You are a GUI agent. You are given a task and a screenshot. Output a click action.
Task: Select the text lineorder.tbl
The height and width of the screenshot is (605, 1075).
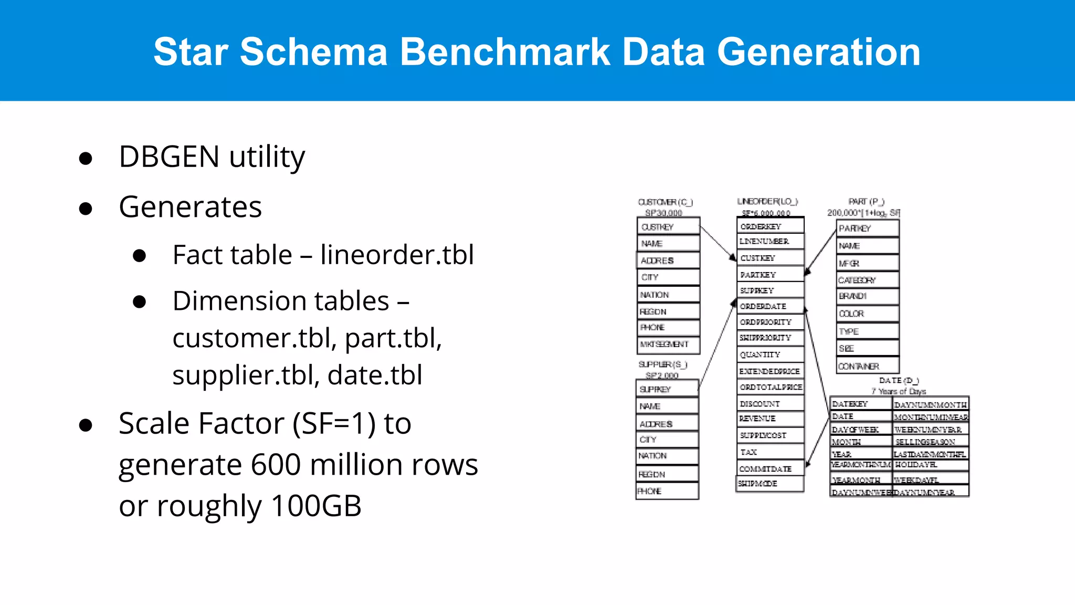(x=397, y=255)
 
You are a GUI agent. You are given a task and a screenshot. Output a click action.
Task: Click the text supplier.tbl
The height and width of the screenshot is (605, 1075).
(x=246, y=375)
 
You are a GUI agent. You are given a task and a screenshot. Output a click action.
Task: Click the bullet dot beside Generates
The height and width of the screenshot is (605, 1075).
(x=86, y=208)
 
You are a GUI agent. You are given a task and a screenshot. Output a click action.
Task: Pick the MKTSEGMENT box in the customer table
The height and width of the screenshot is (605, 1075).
(x=668, y=345)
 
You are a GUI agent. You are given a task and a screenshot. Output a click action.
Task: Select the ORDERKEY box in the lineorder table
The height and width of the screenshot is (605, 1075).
(x=770, y=226)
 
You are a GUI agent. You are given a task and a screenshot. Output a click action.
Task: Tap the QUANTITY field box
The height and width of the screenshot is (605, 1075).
(x=770, y=354)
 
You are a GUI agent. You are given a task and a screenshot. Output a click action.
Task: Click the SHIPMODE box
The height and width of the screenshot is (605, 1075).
(x=770, y=484)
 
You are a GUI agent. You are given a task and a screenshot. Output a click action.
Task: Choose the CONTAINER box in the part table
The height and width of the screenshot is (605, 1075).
(x=867, y=366)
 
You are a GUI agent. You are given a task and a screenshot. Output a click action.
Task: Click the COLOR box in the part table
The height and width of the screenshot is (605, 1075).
(x=867, y=314)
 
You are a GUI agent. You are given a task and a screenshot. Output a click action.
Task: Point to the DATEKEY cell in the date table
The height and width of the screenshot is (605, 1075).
(x=860, y=404)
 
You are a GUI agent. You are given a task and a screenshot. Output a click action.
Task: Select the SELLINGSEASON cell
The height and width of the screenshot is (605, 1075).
(x=930, y=442)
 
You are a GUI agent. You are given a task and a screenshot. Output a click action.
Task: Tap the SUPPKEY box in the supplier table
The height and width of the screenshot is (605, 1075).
(x=667, y=389)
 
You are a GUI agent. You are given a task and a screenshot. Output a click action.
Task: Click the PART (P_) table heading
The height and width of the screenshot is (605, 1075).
(x=866, y=202)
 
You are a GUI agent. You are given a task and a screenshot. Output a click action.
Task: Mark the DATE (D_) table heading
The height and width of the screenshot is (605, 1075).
(x=899, y=380)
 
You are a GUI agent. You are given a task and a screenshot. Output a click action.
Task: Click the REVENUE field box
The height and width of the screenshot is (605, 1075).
(x=770, y=419)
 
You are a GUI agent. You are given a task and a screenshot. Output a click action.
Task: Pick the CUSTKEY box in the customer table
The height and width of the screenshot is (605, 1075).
(x=668, y=227)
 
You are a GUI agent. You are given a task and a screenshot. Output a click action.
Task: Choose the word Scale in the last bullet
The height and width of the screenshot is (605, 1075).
(x=154, y=423)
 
